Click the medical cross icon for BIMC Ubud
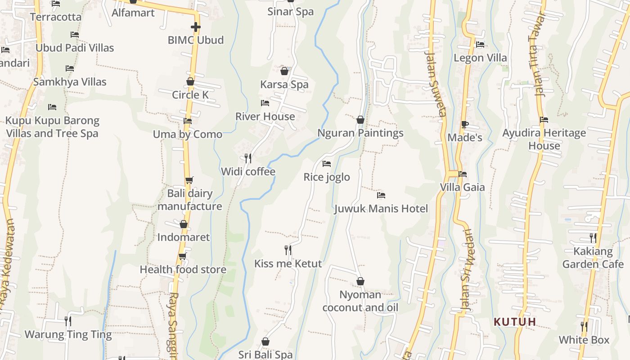(x=195, y=27)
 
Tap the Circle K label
(x=190, y=95)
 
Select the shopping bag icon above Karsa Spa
(x=284, y=71)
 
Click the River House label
(x=265, y=117)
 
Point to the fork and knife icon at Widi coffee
(x=247, y=158)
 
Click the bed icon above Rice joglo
(x=327, y=164)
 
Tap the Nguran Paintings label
(x=360, y=133)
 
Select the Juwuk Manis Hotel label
(x=381, y=209)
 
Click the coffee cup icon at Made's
(x=465, y=124)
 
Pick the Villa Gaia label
(x=462, y=187)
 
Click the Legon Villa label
(x=480, y=58)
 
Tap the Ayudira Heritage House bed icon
(x=544, y=120)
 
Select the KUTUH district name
(x=515, y=322)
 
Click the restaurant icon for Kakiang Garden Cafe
(x=593, y=238)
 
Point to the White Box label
(x=584, y=340)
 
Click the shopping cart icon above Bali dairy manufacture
(x=189, y=180)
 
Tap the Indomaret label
(x=184, y=237)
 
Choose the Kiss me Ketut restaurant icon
(x=288, y=250)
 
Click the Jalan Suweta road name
(x=435, y=83)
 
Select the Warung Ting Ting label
(x=68, y=334)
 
